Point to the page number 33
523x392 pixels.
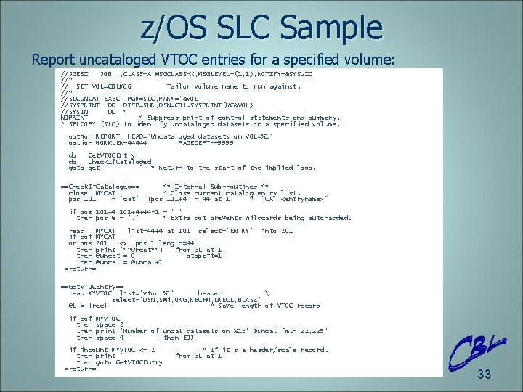[x=484, y=375]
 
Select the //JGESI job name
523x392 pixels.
[x=75, y=74]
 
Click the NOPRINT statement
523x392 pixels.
[x=74, y=118]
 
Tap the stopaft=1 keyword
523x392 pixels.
[x=204, y=256]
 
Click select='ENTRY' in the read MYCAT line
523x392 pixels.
[x=225, y=230]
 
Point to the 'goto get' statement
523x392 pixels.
[x=84, y=168]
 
